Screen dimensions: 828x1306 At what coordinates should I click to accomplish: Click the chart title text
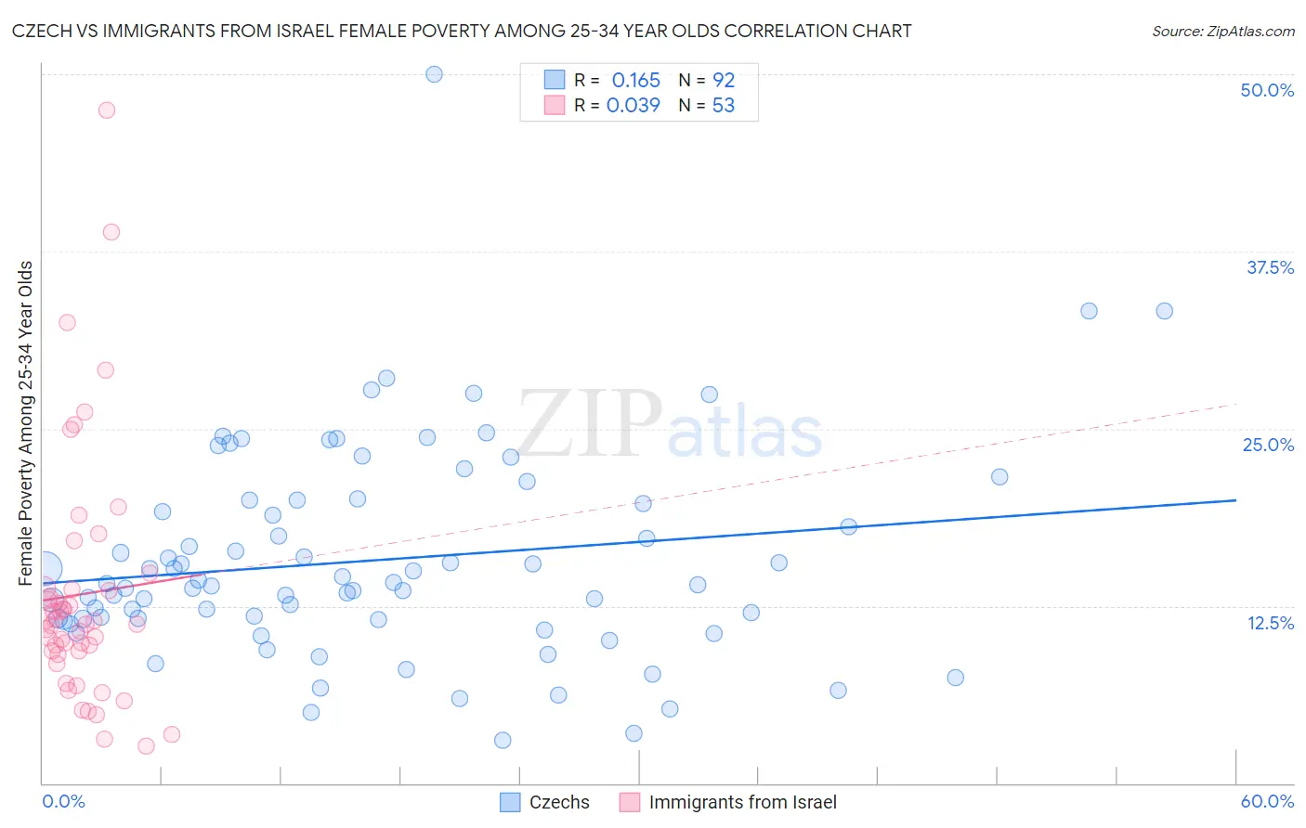point(462,31)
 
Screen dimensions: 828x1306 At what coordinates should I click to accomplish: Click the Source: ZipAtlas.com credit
point(1222,31)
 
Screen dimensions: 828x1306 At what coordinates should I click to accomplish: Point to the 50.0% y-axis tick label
point(1267,90)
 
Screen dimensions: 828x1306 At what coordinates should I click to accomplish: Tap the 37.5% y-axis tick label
point(1270,267)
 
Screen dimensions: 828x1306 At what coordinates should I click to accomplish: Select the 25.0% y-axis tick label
point(1268,445)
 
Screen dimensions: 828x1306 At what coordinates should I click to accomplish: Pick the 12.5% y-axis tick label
point(1270,623)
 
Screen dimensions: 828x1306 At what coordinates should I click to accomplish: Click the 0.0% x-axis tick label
point(63,801)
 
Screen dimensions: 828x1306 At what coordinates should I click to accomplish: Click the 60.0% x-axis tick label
point(1267,801)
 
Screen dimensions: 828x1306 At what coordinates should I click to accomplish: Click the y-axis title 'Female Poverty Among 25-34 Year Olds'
point(26,423)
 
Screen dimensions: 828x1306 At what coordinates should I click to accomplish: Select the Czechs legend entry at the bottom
point(545,802)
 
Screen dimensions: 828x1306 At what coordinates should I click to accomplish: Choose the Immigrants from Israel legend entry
point(728,802)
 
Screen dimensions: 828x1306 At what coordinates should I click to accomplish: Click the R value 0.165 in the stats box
point(635,80)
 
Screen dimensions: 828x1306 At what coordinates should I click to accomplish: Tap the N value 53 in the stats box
point(723,105)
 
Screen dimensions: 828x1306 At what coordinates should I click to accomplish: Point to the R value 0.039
point(633,105)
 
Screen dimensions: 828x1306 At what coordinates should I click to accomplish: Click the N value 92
point(723,80)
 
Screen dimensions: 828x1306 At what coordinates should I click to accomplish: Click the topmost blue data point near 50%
point(434,74)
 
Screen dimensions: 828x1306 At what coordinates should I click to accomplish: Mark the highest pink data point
point(107,110)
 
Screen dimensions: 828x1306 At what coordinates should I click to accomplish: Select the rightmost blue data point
point(1164,311)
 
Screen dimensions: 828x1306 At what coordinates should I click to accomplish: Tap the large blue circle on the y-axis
point(46,568)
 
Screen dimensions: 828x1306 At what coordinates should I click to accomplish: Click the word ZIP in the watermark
point(589,425)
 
